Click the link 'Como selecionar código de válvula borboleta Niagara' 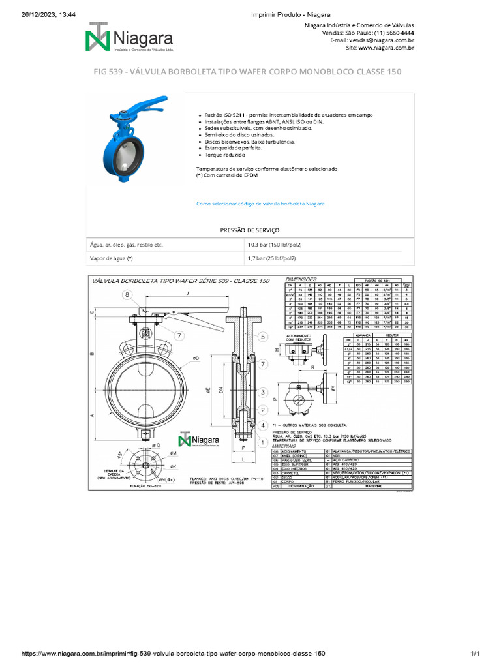(x=260, y=204)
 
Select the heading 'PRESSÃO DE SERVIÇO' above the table (x=250, y=230)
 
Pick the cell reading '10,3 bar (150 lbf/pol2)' (x=275, y=245)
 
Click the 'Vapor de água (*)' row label (x=112, y=258)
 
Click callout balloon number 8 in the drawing (x=127, y=296)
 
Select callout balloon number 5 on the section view (x=263, y=337)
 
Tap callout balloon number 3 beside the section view (x=263, y=392)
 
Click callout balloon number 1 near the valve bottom (x=263, y=442)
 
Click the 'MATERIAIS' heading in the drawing (x=297, y=446)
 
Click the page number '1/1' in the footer (x=474, y=654)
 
